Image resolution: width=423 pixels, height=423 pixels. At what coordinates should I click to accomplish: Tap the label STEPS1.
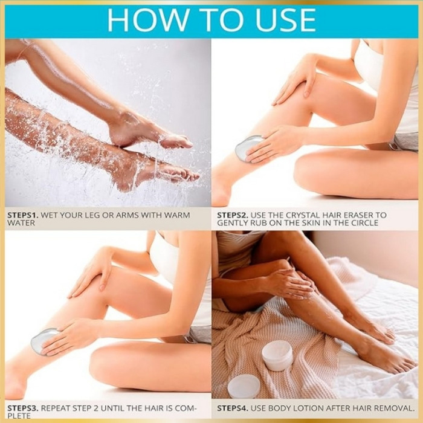23,215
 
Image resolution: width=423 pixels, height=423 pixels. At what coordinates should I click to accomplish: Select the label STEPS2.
233,215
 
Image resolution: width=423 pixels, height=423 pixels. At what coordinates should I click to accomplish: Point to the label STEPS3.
23,408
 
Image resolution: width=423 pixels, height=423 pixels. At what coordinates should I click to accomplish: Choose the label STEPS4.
233,408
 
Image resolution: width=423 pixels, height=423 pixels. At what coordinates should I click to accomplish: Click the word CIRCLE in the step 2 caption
364,223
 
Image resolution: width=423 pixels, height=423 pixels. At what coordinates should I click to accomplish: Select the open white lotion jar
277,355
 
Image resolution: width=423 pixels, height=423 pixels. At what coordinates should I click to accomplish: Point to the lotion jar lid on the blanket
244,386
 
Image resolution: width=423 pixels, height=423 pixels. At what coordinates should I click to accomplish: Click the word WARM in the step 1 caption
177,215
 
